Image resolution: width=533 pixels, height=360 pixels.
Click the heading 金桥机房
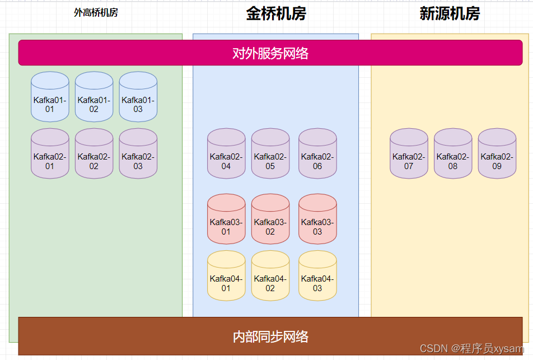276,14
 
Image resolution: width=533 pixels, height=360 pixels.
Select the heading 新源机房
450,14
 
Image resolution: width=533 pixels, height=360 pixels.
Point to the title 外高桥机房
96,13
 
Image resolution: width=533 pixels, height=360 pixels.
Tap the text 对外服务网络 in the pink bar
270,53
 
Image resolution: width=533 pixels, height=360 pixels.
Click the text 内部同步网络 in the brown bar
270,336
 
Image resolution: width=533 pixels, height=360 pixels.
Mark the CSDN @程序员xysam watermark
472,348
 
